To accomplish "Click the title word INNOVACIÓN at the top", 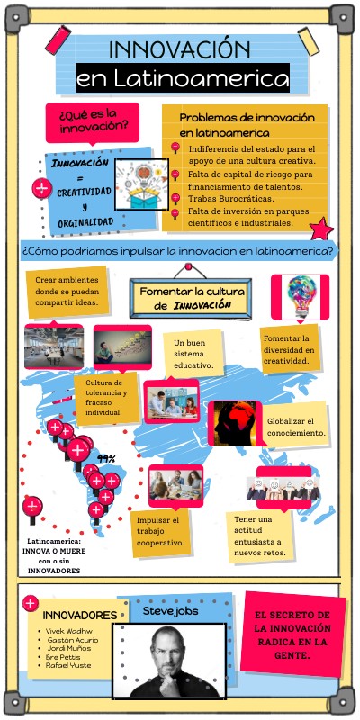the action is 178,50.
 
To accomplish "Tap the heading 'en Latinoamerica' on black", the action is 183,79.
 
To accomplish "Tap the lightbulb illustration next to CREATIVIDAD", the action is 139,184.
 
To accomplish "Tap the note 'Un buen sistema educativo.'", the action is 193,355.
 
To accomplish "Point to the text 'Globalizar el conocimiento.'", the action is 296,427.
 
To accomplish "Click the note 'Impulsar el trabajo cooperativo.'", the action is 161,532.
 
